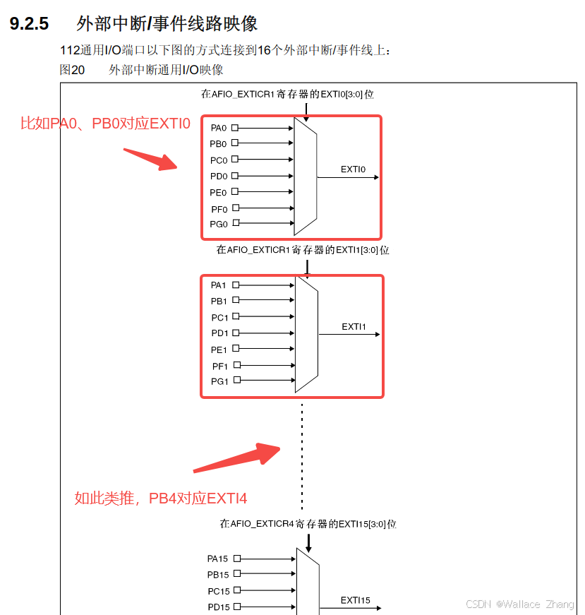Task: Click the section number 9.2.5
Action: tap(29, 24)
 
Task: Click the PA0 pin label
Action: tap(219, 129)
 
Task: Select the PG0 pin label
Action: tap(219, 225)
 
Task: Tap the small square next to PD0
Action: tap(235, 176)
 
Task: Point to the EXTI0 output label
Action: tap(354, 169)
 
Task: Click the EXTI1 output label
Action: tap(354, 326)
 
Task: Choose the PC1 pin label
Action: tap(219, 318)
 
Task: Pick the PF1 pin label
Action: tap(220, 366)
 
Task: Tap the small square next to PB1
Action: tap(236, 301)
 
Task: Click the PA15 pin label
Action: tap(218, 559)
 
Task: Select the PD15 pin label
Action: tap(218, 607)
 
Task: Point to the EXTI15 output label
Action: tap(356, 600)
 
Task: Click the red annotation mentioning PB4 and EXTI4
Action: tap(161, 498)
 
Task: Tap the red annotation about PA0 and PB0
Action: tap(105, 124)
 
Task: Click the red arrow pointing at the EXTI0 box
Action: tap(150, 159)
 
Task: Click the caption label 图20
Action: tap(72, 69)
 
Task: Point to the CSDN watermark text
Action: tap(520, 604)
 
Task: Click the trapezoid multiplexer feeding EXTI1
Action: tap(307, 334)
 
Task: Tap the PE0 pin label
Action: tap(219, 193)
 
